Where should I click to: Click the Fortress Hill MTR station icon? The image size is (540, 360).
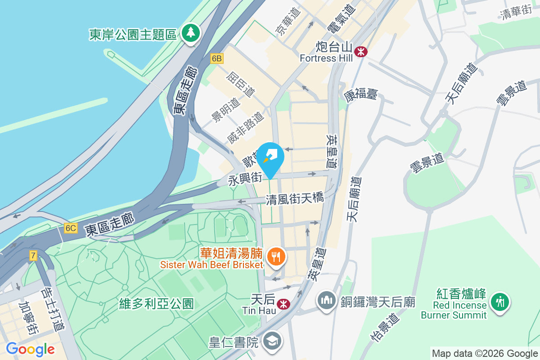[x=360, y=51]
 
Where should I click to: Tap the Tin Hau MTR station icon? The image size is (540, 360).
[x=283, y=304]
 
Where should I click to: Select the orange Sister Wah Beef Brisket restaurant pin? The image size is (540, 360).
[x=275, y=257]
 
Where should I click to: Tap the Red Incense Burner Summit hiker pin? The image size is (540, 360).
[x=499, y=301]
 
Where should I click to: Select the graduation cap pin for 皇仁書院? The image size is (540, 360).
[x=273, y=342]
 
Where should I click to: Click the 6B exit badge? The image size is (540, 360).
[x=216, y=58]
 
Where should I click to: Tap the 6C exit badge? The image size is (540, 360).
[x=70, y=228]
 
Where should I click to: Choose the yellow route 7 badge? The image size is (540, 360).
[x=33, y=256]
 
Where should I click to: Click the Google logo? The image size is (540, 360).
[x=30, y=349]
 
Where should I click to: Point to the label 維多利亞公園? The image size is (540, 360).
[x=157, y=304]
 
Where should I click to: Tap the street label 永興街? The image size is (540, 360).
[x=245, y=180]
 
